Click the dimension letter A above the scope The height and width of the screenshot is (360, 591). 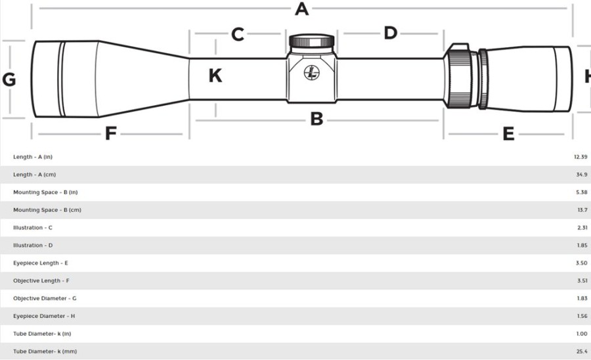(x=301, y=9)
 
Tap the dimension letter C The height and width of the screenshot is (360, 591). (x=238, y=34)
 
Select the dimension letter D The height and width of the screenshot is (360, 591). (x=391, y=33)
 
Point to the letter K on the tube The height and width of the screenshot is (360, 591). (x=215, y=76)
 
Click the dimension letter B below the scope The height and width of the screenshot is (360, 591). (x=317, y=119)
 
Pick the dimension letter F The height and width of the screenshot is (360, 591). (x=110, y=133)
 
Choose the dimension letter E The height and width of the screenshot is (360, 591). (x=508, y=134)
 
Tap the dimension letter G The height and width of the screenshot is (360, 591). (x=9, y=79)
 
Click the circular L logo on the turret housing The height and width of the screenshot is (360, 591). (x=312, y=73)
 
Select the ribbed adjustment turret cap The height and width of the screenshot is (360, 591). (x=312, y=40)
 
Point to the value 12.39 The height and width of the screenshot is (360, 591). (x=580, y=157)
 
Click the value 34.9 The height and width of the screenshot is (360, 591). (x=582, y=175)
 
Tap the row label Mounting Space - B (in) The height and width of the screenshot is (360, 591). (x=45, y=192)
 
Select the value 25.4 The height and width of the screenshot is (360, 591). (x=582, y=351)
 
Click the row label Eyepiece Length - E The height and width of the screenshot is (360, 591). (x=41, y=263)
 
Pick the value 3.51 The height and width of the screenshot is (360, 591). (x=582, y=281)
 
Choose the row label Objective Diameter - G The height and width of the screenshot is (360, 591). (x=45, y=298)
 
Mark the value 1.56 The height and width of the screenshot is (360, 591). (x=582, y=316)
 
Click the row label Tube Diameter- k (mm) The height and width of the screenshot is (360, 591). (x=45, y=351)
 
